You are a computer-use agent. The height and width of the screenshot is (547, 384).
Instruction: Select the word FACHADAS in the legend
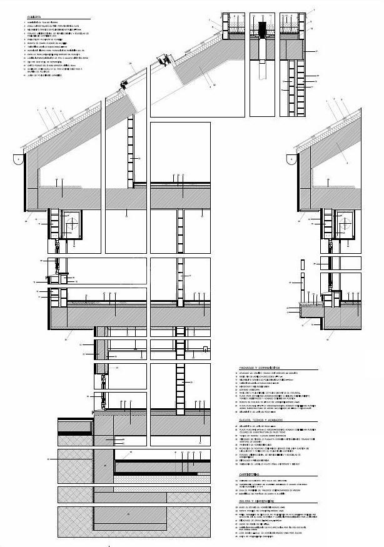tap(248, 368)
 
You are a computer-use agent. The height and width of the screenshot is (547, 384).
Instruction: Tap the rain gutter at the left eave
tap(19, 160)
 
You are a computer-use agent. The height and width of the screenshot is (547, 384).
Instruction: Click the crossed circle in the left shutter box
tap(73, 223)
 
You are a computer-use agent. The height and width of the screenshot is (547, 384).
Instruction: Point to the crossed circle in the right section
tap(346, 223)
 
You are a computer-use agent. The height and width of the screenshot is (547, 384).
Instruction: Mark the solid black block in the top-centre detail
tap(262, 29)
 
